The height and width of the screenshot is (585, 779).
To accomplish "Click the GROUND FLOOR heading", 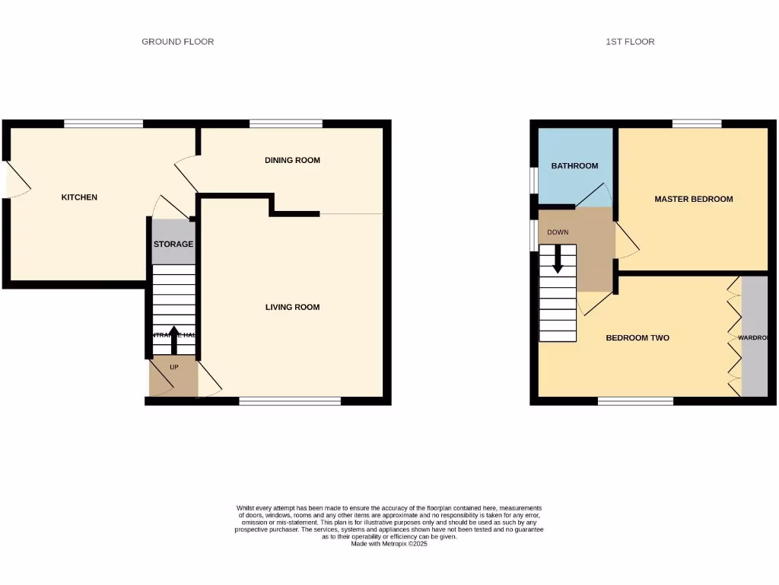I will point(177,42).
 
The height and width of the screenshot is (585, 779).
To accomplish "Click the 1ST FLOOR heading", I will point(630,42).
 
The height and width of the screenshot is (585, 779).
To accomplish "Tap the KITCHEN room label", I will point(79,197).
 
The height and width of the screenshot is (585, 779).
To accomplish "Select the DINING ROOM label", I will point(292,160).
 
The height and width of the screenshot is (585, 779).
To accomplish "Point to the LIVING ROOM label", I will point(292,307).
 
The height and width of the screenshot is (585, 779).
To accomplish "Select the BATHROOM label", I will point(574,165).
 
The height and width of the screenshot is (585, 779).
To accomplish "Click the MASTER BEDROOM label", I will point(694,199).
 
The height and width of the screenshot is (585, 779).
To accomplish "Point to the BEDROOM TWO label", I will point(638,337).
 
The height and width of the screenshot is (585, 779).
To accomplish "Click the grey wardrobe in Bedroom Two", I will point(755,337).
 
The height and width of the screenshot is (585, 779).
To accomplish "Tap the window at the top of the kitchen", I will point(103,123).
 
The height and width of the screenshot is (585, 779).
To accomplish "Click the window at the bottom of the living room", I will point(290,401).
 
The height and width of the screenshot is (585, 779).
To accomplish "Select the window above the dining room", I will point(285,123).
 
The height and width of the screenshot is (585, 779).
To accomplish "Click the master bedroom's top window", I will point(696,123).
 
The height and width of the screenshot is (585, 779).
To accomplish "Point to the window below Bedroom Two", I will point(635,401).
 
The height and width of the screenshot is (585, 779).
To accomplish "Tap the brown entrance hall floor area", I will point(173,379).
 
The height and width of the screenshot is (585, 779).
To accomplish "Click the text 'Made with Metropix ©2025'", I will point(389,543).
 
